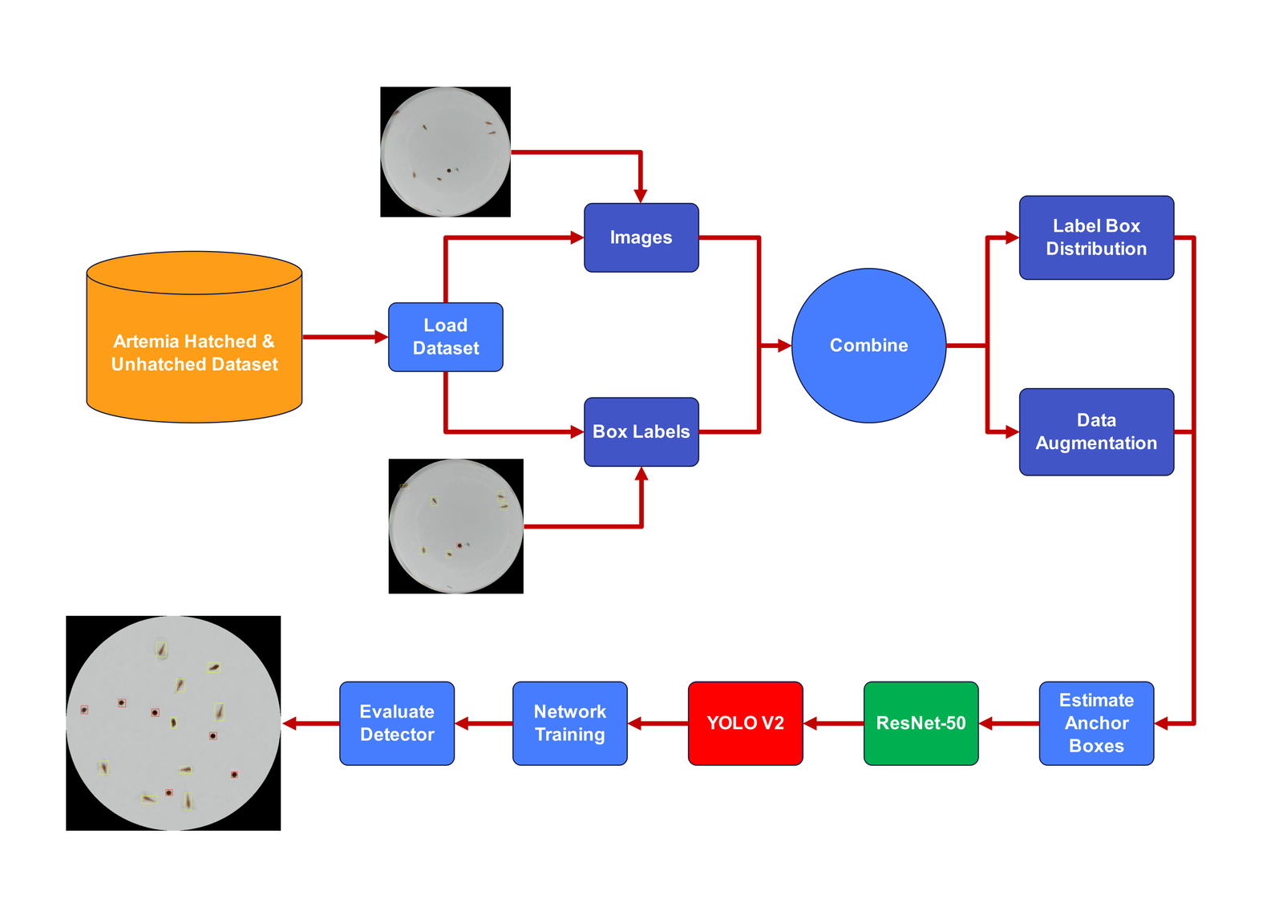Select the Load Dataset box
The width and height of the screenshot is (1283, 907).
click(445, 337)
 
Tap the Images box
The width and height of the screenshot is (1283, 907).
click(641, 237)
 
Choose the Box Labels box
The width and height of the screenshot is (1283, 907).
click(641, 431)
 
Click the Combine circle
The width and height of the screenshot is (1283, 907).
click(868, 345)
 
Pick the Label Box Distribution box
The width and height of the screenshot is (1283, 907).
click(1096, 237)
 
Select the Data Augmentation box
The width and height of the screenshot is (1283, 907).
click(1096, 431)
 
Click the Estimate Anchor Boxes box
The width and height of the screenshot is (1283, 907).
click(1096, 723)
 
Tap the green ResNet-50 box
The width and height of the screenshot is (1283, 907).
click(921, 723)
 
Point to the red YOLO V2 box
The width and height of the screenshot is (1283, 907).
click(745, 723)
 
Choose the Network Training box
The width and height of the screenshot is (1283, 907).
click(569, 723)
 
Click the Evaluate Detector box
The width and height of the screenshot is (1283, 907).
click(397, 723)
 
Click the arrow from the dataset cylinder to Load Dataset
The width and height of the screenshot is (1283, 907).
click(345, 337)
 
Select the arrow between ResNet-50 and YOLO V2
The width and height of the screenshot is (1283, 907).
click(833, 723)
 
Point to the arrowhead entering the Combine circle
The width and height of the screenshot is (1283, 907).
click(783, 346)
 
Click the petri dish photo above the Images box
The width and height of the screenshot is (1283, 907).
click(445, 152)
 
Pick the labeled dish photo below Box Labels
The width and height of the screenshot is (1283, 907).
click(455, 526)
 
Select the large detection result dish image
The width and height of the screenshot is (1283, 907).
click(173, 723)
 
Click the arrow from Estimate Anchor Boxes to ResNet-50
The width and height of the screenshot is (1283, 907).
click(1009, 723)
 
